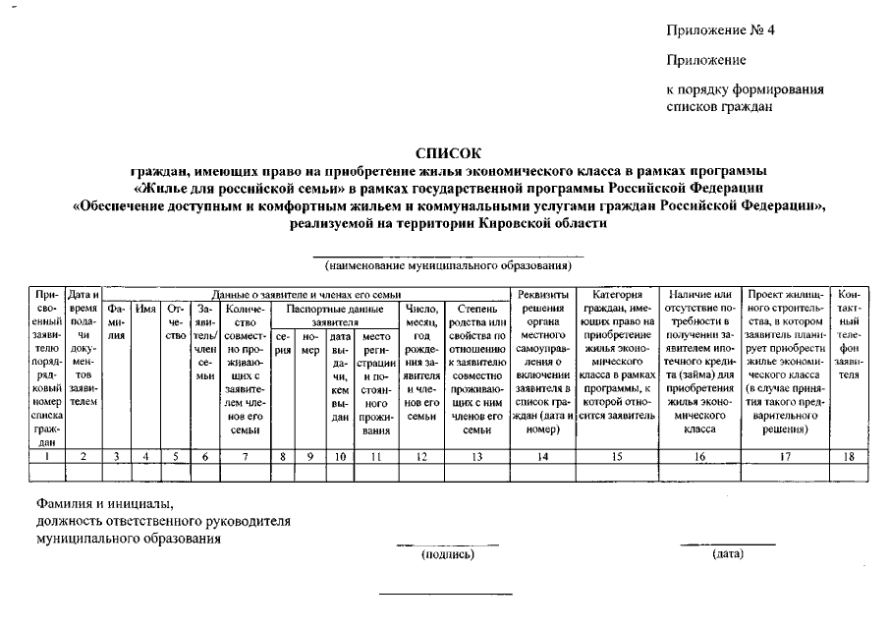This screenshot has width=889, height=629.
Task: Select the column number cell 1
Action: [48, 455]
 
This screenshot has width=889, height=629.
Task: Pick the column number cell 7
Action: [245, 455]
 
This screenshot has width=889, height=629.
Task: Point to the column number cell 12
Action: [420, 455]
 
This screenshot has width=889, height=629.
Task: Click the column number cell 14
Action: [542, 455]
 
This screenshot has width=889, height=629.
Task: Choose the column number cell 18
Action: [850, 455]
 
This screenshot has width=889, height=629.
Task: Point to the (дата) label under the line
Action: [728, 555]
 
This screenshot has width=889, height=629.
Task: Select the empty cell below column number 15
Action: [617, 472]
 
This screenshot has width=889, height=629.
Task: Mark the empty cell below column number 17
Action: [788, 472]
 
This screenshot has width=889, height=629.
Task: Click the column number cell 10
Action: [340, 455]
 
